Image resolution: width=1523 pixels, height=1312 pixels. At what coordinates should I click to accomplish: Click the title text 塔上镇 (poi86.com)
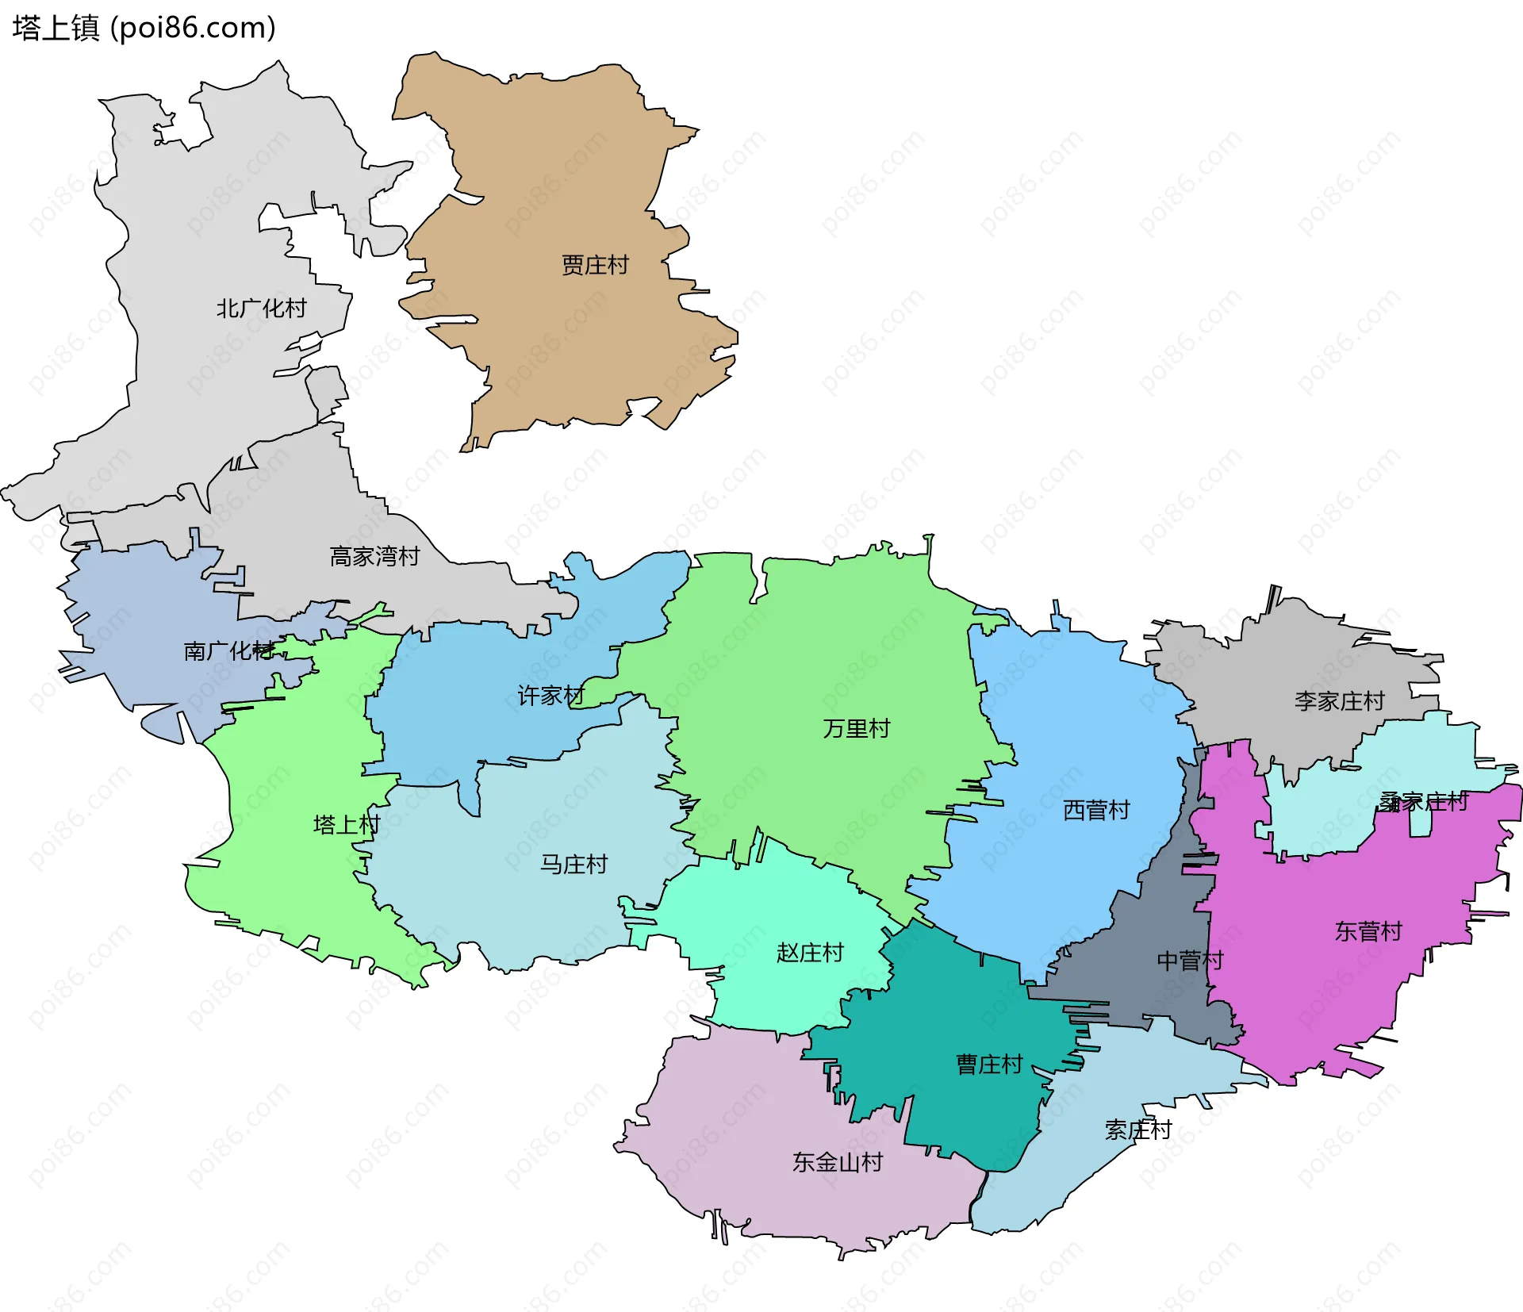pyautogui.click(x=144, y=28)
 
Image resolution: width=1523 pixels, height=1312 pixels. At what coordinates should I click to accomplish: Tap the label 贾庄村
pyautogui.click(x=595, y=265)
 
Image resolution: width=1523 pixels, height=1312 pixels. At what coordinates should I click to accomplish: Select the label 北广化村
pyautogui.click(x=261, y=309)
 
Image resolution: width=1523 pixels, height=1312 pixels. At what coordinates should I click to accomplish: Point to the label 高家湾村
pyautogui.click(x=374, y=557)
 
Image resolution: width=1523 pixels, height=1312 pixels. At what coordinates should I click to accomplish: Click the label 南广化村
pyautogui.click(x=228, y=651)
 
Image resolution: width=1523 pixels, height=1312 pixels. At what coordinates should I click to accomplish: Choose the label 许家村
pyautogui.click(x=551, y=696)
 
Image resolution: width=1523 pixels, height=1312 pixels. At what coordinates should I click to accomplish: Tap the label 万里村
pyautogui.click(x=857, y=728)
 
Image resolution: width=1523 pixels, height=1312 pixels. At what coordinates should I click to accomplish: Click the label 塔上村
pyautogui.click(x=347, y=825)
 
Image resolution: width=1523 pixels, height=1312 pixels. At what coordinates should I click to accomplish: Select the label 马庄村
pyautogui.click(x=574, y=864)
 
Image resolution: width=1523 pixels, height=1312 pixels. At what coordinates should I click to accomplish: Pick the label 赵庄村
pyautogui.click(x=810, y=953)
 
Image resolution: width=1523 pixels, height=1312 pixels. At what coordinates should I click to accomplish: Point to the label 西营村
pyautogui.click(x=1096, y=810)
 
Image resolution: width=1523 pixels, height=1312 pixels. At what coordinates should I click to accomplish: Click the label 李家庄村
pyautogui.click(x=1339, y=701)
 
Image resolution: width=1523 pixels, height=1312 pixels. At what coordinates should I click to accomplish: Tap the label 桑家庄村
pyautogui.click(x=1423, y=802)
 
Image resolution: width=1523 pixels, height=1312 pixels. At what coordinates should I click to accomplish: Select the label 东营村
pyautogui.click(x=1368, y=931)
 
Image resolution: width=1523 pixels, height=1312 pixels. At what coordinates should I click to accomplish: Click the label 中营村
pyautogui.click(x=1190, y=961)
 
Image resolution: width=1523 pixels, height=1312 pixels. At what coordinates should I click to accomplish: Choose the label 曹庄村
pyautogui.click(x=989, y=1065)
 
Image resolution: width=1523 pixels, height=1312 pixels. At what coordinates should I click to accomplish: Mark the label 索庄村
pyautogui.click(x=1138, y=1130)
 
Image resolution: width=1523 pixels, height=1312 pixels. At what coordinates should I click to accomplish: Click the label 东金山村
pyautogui.click(x=838, y=1162)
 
